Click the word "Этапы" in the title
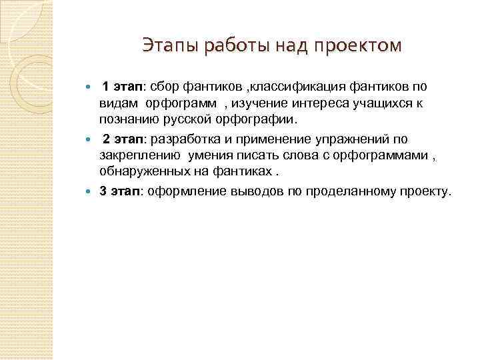click(167, 45)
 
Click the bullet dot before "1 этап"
click(93, 87)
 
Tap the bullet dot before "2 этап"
click(93, 139)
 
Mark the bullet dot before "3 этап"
click(93, 192)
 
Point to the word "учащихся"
click(378, 104)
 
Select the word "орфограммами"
click(381, 156)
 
